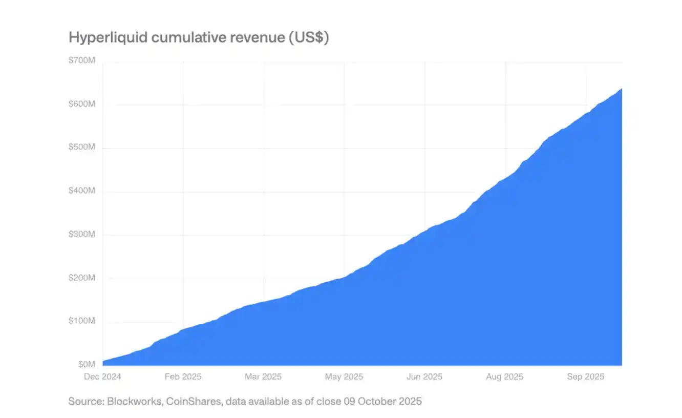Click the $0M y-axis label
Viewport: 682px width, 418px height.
point(87,364)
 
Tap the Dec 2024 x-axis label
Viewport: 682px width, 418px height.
point(102,377)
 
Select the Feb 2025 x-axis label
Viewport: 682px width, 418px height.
point(183,377)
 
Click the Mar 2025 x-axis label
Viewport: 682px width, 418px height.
point(263,377)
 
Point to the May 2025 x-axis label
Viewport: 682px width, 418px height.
point(344,377)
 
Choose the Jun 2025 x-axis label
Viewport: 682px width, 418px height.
point(424,377)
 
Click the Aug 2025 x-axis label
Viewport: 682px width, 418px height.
point(504,377)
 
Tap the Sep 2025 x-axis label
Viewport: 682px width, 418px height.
point(585,377)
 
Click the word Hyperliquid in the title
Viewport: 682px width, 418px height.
point(104,37)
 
